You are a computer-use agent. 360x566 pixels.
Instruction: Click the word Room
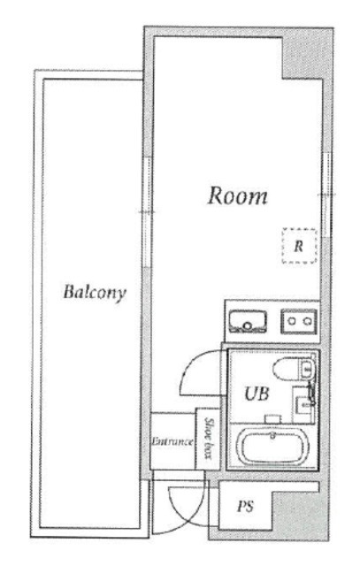point(237,195)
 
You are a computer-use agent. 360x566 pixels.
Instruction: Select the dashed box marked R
point(298,246)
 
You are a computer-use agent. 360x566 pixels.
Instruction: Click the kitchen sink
point(249,319)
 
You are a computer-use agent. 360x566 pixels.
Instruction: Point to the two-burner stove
point(300,319)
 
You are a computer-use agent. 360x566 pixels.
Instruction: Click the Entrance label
point(172,440)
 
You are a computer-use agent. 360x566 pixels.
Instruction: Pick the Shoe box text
point(210,439)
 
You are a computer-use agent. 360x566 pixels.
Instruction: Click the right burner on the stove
point(309,319)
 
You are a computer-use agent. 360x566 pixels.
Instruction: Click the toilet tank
point(307,370)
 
